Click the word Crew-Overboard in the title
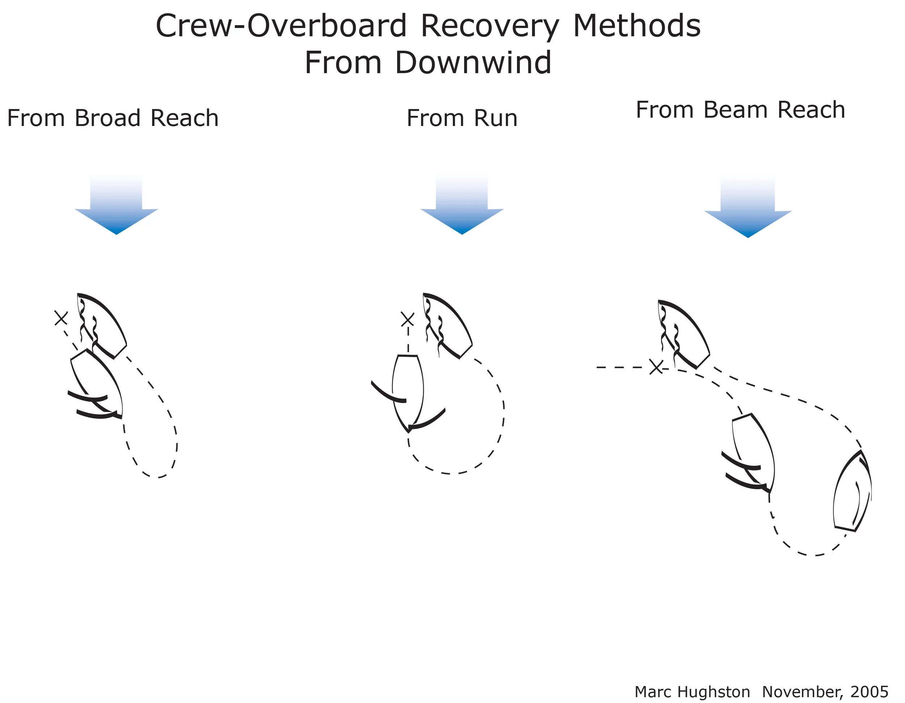(281, 26)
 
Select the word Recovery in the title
(490, 26)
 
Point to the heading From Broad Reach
(113, 118)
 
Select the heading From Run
(462, 118)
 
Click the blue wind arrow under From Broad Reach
(117, 207)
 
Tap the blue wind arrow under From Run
(462, 207)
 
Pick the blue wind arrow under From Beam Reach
(748, 209)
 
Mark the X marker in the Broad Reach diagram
(61, 318)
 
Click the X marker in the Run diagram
(407, 319)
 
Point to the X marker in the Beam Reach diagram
(656, 367)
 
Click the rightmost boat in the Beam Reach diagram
(853, 493)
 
